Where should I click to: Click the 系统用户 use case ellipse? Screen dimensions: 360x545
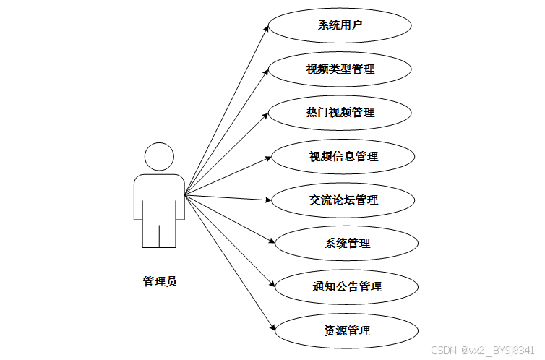(340, 25)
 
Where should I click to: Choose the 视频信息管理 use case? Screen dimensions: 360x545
(343, 156)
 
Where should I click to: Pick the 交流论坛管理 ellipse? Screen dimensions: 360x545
(343, 200)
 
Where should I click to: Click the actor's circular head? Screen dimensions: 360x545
(158, 158)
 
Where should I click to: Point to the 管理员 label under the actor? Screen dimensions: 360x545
(159, 281)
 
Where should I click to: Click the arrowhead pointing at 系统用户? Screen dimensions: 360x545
(266, 28)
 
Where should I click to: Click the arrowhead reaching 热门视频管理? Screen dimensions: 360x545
(267, 114)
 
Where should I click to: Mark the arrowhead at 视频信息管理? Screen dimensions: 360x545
(268, 157)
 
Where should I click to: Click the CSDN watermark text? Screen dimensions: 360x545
(482, 351)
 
